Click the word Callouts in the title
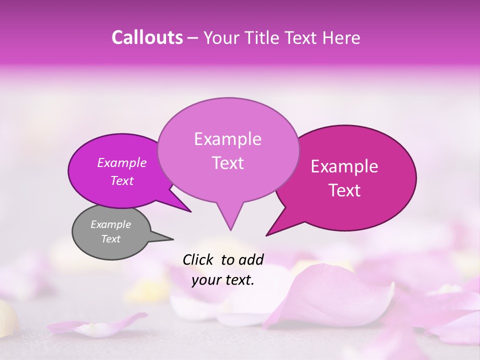point(147,37)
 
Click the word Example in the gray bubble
point(110,224)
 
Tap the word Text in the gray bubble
point(110,239)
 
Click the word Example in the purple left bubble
point(121,162)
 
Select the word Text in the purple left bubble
point(122,181)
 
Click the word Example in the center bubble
point(227,139)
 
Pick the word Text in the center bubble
point(227,163)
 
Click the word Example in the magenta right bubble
point(344,166)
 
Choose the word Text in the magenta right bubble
point(345,190)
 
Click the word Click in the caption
point(199,259)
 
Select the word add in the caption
point(251,259)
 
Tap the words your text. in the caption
point(223,280)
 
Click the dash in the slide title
point(193,37)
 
